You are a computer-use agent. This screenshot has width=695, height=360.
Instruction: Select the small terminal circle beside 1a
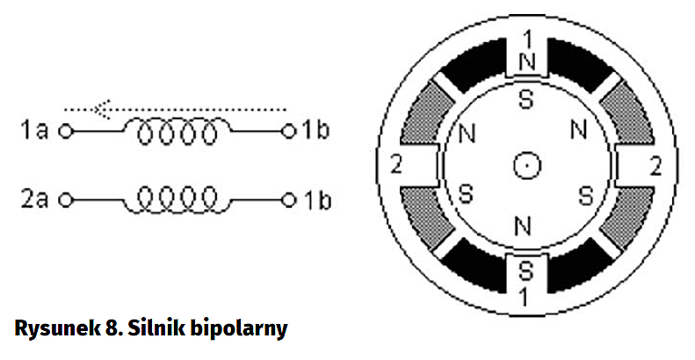click(x=63, y=133)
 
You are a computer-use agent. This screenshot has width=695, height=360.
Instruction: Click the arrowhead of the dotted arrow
click(x=104, y=110)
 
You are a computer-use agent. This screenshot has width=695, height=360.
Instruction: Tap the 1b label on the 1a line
click(x=316, y=132)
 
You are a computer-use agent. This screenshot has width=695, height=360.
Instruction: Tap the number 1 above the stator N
click(x=526, y=40)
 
